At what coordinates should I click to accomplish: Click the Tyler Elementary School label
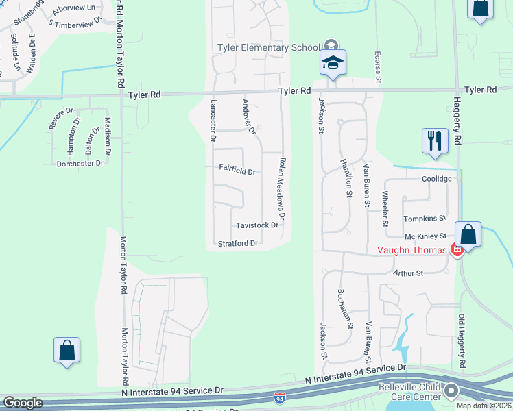(268, 47)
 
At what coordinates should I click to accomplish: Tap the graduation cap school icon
(333, 62)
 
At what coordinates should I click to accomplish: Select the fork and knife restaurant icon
(435, 142)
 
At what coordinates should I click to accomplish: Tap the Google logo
(23, 403)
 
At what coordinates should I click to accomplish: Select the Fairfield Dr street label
(237, 169)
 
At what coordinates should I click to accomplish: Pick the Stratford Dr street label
(237, 243)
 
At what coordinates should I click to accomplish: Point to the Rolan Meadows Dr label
(282, 188)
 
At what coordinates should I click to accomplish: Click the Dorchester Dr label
(80, 163)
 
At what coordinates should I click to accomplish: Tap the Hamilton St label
(345, 178)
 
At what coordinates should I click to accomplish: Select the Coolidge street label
(437, 179)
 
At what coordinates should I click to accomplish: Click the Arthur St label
(409, 273)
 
